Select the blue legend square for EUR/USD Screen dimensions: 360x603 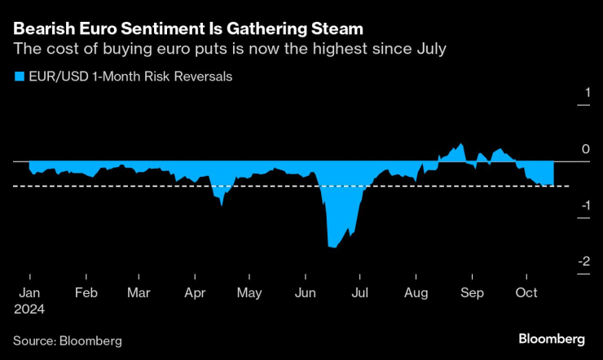pyautogui.click(x=17, y=77)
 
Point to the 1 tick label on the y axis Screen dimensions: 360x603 pyautogui.click(x=583, y=93)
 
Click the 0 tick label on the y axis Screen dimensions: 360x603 pyautogui.click(x=583, y=149)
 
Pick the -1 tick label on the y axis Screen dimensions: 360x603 pyautogui.click(x=581, y=205)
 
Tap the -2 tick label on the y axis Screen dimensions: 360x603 pyautogui.click(x=581, y=261)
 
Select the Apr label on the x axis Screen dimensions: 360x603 pyautogui.click(x=195, y=292)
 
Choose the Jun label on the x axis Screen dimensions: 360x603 pyautogui.click(x=306, y=292)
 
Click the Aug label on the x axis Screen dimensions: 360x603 pyautogui.click(x=416, y=292)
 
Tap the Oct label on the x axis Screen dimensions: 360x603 pyautogui.click(x=527, y=292)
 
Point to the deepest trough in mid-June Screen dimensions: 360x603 pyautogui.click(x=331, y=246)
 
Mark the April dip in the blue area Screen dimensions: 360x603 pyautogui.click(x=222, y=204)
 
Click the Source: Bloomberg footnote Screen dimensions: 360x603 pyautogui.click(x=67, y=340)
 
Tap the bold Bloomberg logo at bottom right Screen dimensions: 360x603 pyautogui.click(x=552, y=338)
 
